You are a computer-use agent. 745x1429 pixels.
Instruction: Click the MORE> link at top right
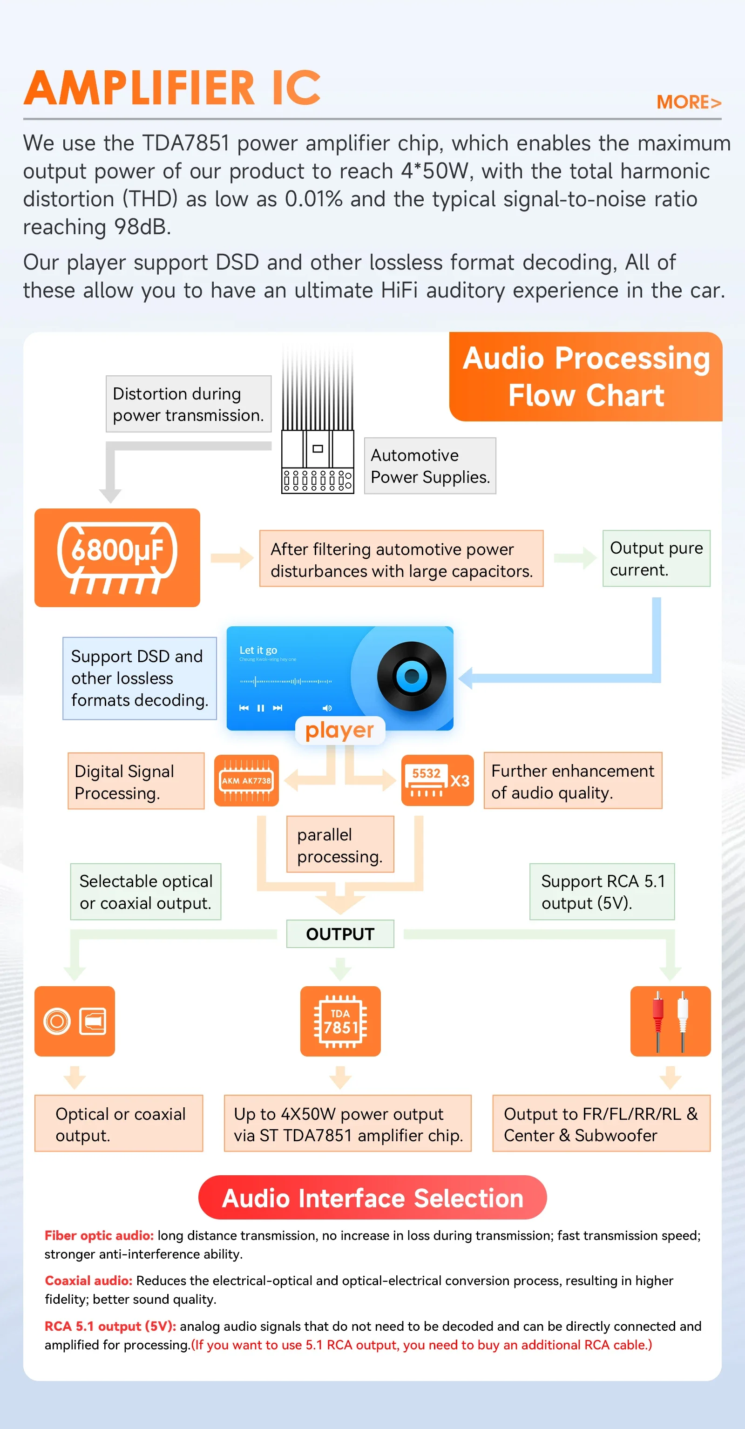(x=688, y=102)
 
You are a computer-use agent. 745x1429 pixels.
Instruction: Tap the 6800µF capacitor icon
(x=117, y=557)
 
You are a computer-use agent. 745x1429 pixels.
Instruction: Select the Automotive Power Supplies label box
(x=430, y=466)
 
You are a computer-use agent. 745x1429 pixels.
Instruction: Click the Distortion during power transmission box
(x=189, y=404)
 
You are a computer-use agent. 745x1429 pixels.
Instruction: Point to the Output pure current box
(x=656, y=559)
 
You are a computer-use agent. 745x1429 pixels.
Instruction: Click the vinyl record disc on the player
(x=412, y=676)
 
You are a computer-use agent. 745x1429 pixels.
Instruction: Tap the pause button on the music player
(x=261, y=708)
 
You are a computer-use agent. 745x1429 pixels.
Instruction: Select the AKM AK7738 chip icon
(x=246, y=780)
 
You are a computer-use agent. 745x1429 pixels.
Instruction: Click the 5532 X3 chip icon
(x=438, y=780)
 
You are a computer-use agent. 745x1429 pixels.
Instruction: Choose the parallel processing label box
(x=340, y=844)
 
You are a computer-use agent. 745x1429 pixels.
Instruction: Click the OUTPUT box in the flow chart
(x=340, y=934)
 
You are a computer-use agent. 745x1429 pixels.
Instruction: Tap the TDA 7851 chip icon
(x=340, y=1021)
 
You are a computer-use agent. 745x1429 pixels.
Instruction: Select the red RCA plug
(x=658, y=1021)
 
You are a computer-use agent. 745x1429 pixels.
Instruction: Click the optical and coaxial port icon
(x=74, y=1021)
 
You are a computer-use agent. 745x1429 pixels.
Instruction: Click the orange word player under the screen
(x=339, y=731)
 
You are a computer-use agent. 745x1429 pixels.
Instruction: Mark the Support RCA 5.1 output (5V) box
(x=602, y=892)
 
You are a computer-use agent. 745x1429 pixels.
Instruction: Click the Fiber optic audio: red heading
(x=99, y=1235)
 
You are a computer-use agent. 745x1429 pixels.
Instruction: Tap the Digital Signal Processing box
(x=136, y=781)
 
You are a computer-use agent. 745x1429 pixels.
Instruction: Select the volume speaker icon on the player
(x=327, y=708)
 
